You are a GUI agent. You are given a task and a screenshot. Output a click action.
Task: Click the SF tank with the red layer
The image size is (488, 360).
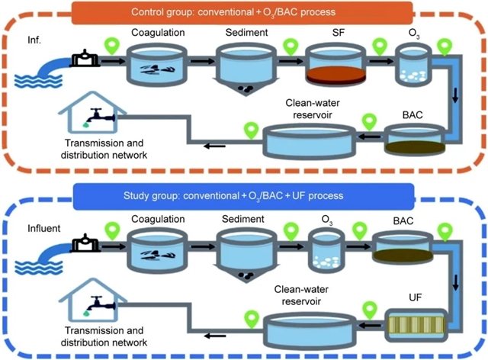pyautogui.click(x=335, y=66)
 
